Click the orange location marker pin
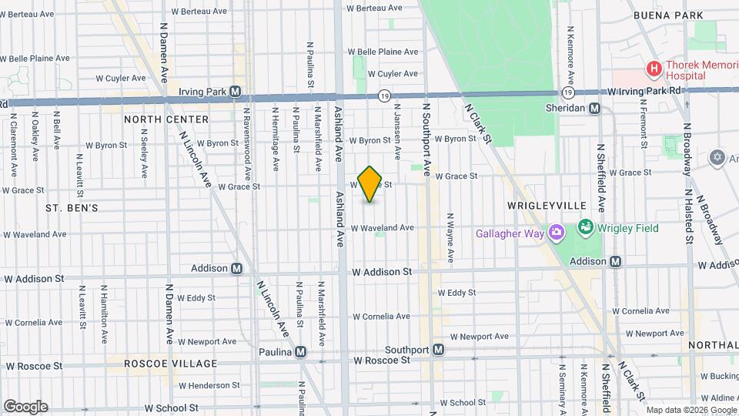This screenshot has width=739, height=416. pos(370,183)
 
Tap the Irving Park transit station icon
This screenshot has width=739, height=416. pos(236,92)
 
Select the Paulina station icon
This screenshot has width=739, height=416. pos(300,351)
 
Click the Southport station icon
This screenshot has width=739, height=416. pos(438,349)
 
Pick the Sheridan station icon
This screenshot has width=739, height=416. pos(594,109)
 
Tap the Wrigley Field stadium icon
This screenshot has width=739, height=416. pos(585,228)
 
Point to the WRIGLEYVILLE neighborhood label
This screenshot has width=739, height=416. pos(547,206)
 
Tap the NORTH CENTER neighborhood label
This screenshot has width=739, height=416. pos(166,119)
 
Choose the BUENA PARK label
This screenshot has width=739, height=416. pos(668,15)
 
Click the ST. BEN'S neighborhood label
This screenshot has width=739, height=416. pos(72,208)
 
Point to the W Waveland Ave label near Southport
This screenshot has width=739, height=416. pos(383,228)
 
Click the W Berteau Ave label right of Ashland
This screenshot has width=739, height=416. pos(375,8)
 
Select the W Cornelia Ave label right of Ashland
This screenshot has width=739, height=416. pos(384,317)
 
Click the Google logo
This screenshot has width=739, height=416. pos(25,407)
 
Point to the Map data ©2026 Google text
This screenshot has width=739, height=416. pos(690,410)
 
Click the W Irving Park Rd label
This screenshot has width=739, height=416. pos(644,91)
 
